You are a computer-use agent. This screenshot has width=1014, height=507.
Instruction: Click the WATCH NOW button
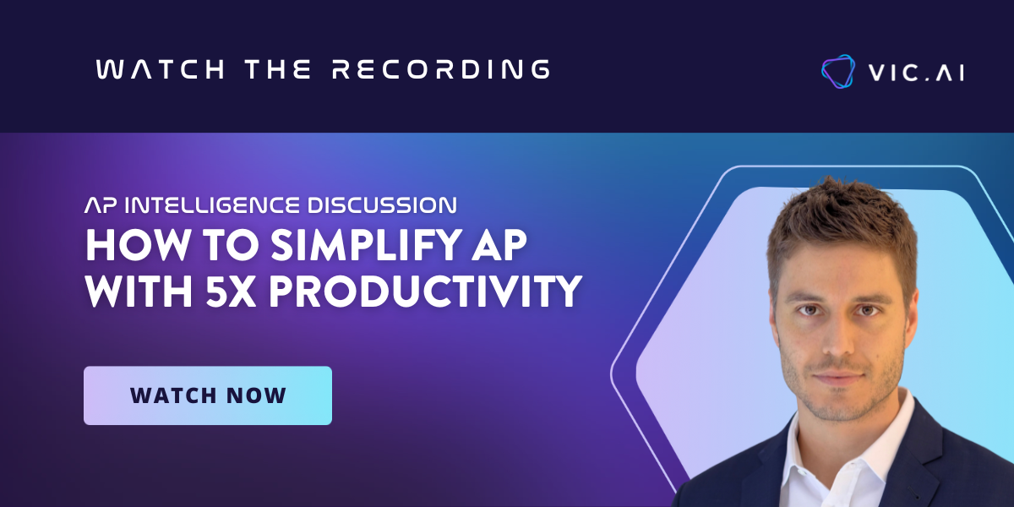(208, 395)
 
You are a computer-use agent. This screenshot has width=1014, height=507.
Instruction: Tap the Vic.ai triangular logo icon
(838, 72)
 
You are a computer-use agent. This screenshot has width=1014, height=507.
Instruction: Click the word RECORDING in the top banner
(441, 69)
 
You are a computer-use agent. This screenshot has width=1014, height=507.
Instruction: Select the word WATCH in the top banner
(161, 69)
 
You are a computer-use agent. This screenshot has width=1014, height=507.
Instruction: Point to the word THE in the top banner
(278, 69)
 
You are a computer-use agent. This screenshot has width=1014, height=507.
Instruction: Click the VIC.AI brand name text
(916, 73)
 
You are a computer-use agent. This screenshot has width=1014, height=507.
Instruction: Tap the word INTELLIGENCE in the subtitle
(212, 205)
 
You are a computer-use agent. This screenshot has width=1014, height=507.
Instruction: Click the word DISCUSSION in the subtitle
(382, 205)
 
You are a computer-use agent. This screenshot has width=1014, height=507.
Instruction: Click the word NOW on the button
(256, 395)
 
